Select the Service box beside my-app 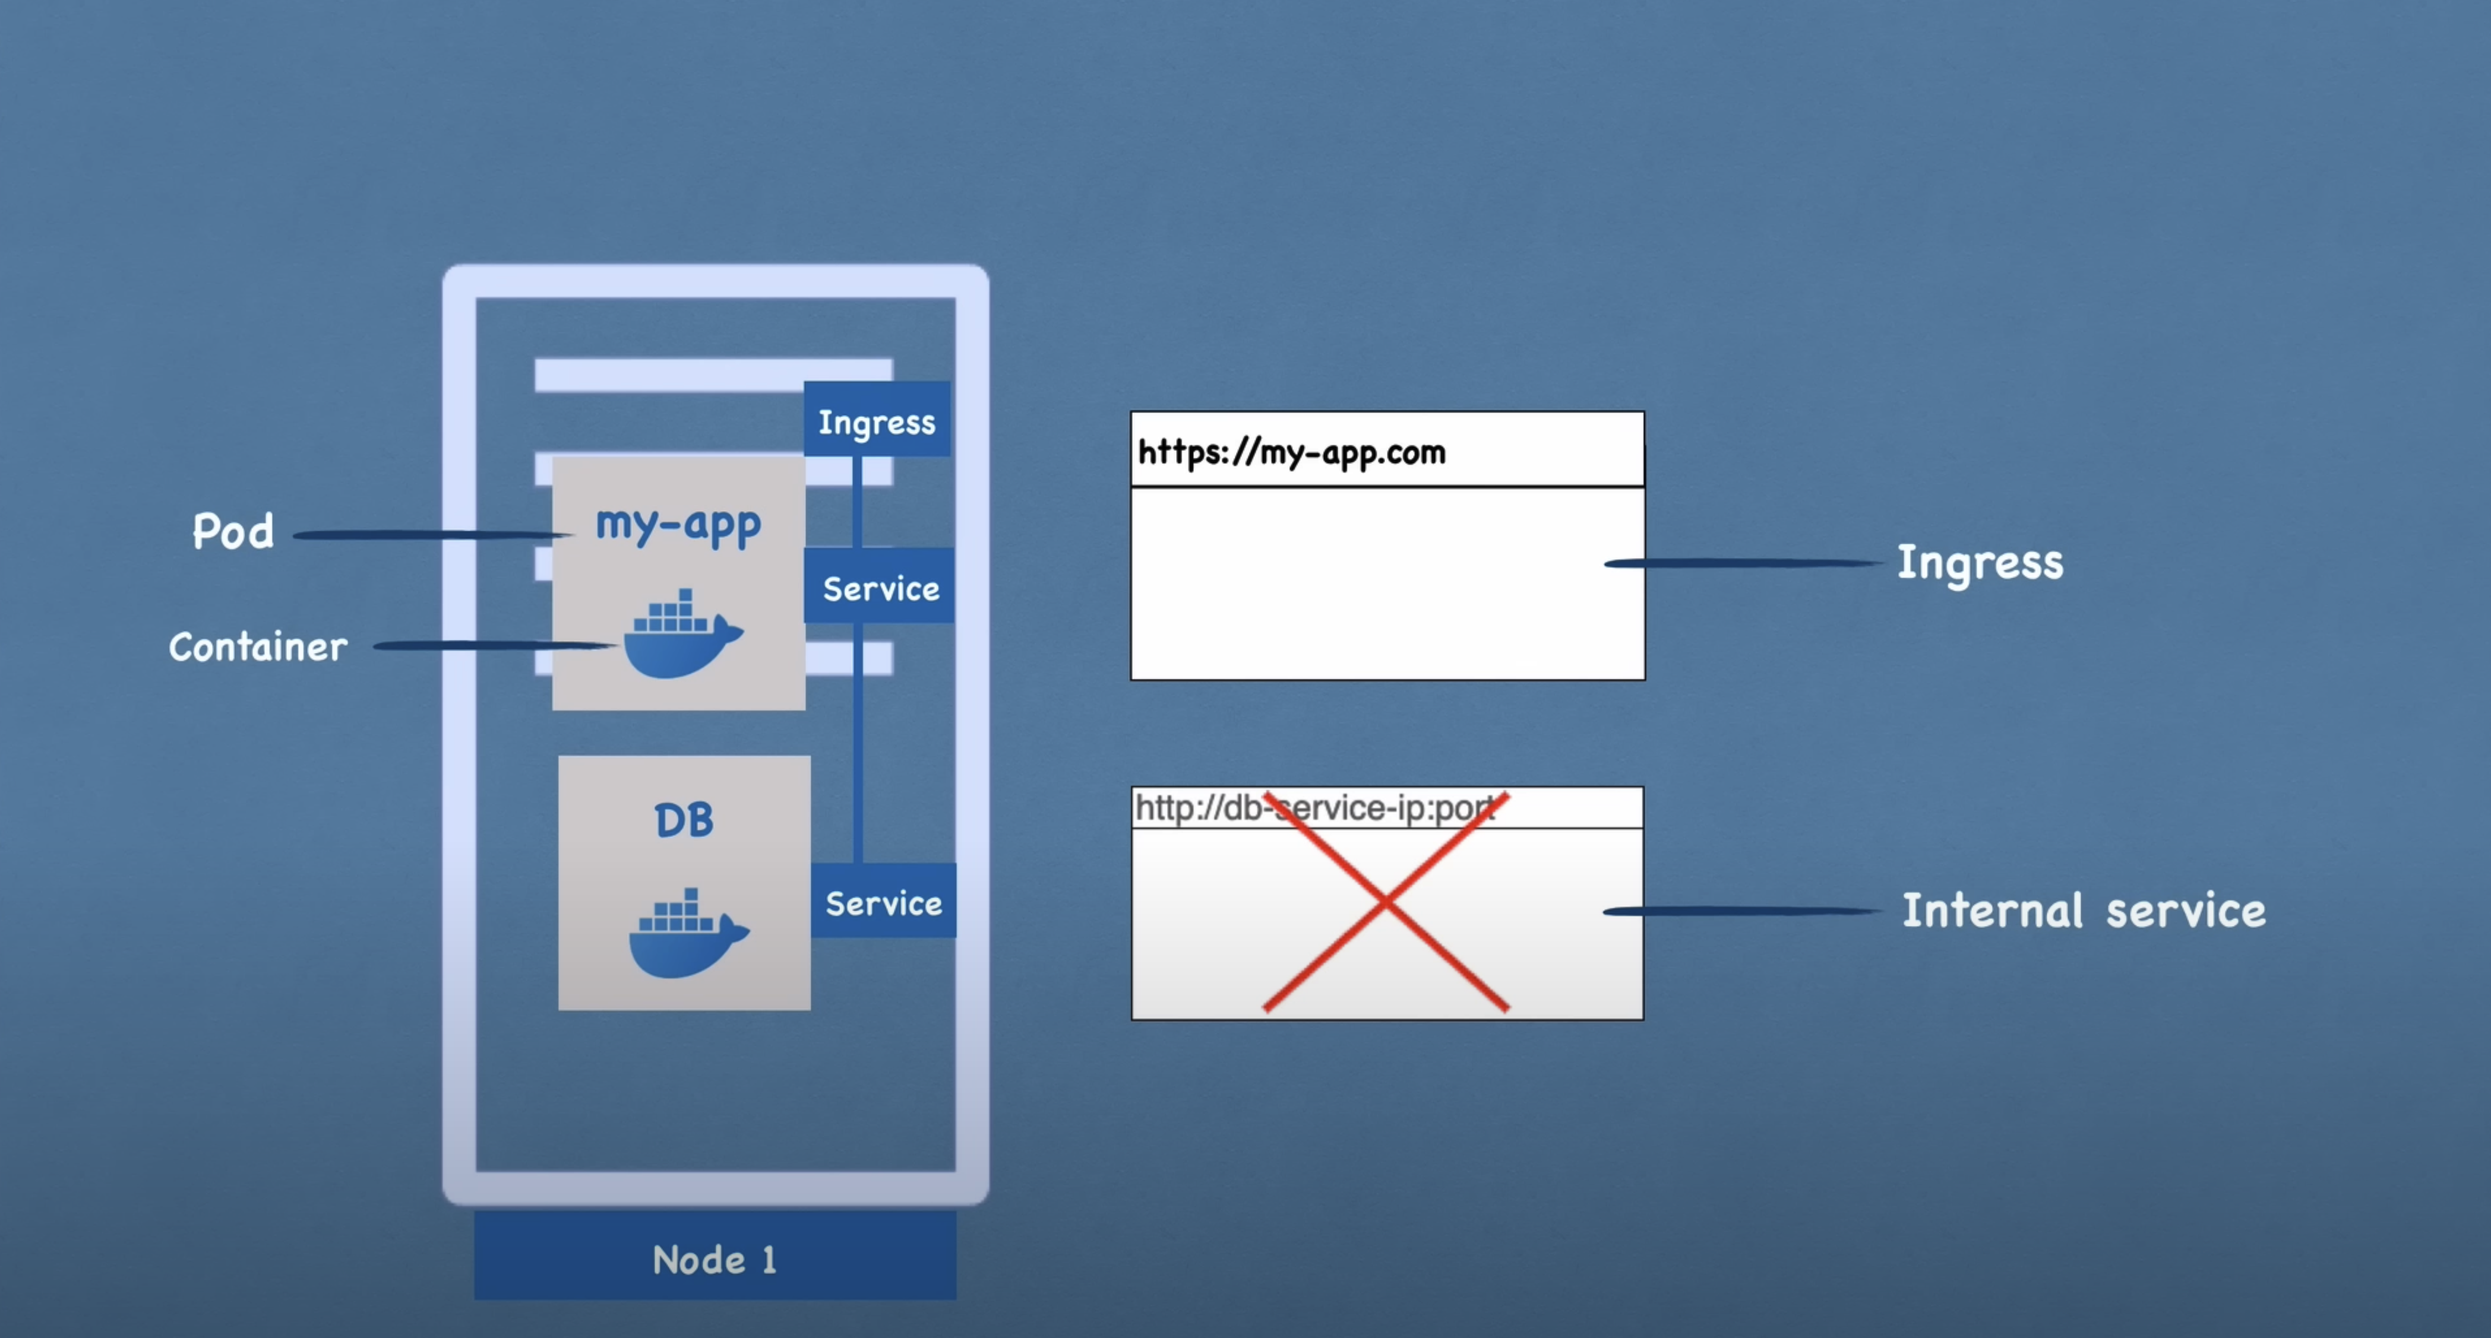coord(879,587)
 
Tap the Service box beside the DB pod coord(883,902)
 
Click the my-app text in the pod coord(678,525)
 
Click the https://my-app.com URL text coord(1291,452)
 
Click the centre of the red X coord(1386,902)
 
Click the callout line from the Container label coord(493,645)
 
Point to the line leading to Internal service coord(1741,911)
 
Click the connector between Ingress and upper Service coord(857,502)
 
